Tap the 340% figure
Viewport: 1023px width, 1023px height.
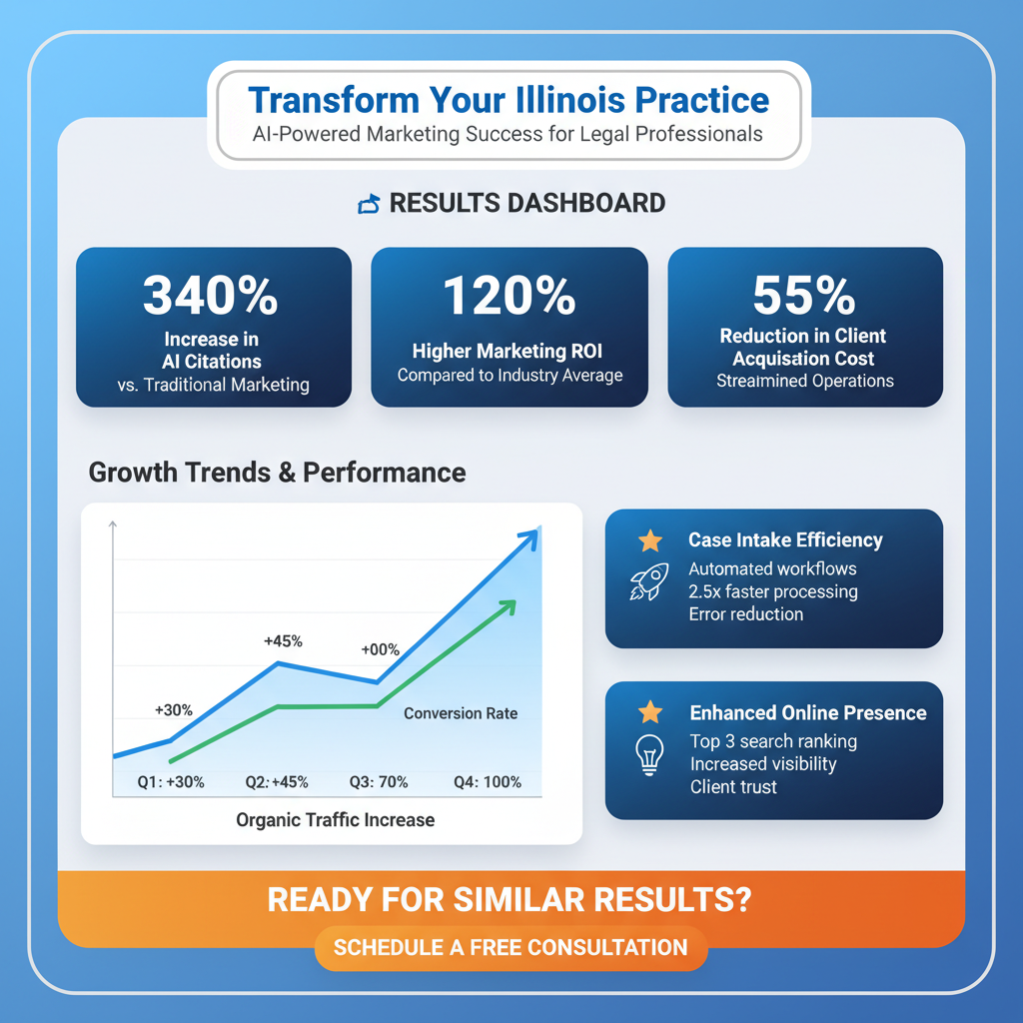pyautogui.click(x=211, y=295)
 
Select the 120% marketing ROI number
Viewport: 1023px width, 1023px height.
pyautogui.click(x=509, y=296)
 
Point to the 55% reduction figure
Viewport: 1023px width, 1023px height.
pyautogui.click(x=804, y=295)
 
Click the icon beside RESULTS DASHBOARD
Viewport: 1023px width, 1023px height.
pyautogui.click(x=369, y=204)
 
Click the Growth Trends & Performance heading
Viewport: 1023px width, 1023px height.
pyautogui.click(x=277, y=472)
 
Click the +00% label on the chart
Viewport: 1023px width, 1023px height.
pyautogui.click(x=380, y=649)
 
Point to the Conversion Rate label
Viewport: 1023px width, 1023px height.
pyautogui.click(x=461, y=713)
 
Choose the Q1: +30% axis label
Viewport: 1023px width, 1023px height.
pyautogui.click(x=171, y=782)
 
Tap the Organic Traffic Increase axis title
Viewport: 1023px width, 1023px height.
pyautogui.click(x=335, y=820)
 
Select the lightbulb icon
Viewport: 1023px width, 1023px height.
pyautogui.click(x=650, y=754)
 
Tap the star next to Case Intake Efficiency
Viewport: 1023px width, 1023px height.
pyautogui.click(x=650, y=540)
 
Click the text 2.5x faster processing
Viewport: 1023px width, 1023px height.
pyautogui.click(x=772, y=591)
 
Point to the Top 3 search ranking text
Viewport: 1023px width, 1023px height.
pyautogui.click(x=772, y=741)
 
